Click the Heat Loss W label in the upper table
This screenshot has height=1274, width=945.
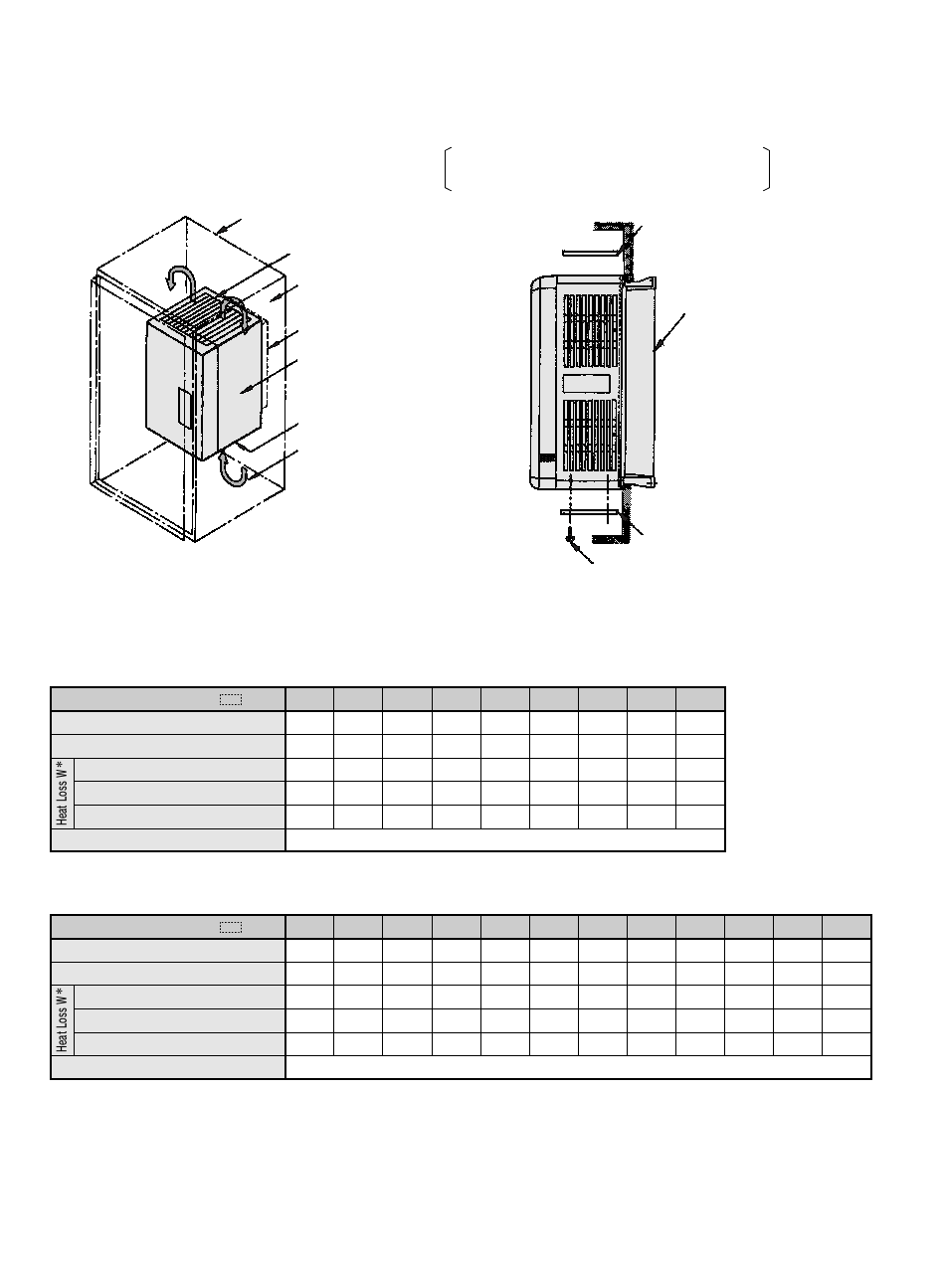pyautogui.click(x=62, y=793)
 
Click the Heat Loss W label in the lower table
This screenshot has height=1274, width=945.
pyautogui.click(x=62, y=1020)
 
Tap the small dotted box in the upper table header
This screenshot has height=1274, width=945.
pyautogui.click(x=231, y=699)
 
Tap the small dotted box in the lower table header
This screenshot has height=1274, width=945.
pyautogui.click(x=231, y=927)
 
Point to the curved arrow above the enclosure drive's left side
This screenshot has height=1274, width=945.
pyautogui.click(x=179, y=278)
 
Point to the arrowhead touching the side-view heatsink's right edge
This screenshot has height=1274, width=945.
pyautogui.click(x=658, y=349)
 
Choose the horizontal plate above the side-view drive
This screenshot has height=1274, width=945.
pyautogui.click(x=593, y=252)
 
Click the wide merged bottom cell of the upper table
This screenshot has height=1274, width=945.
pyautogui.click(x=504, y=839)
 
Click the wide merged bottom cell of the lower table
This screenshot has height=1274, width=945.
pyautogui.click(x=578, y=1067)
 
